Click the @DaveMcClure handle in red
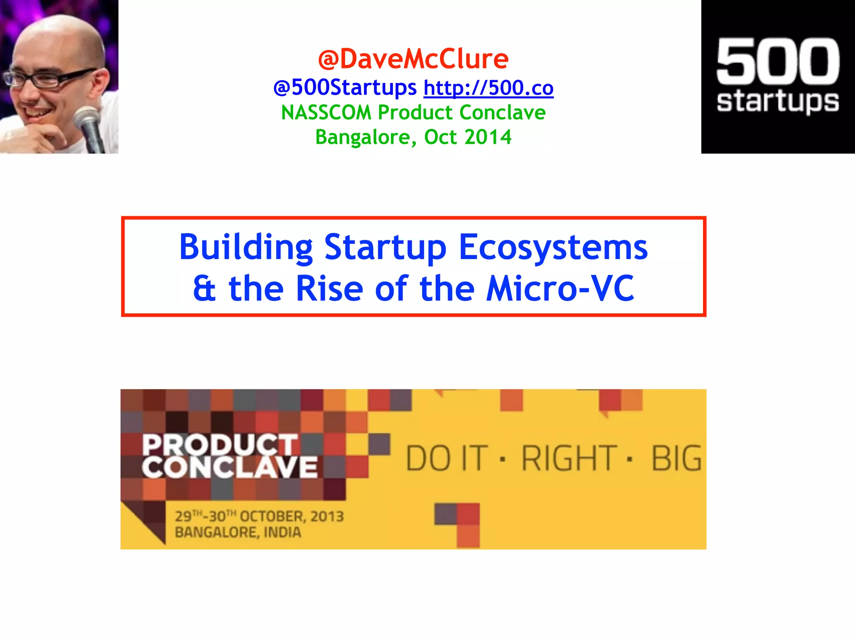tap(413, 59)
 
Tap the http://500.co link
tap(488, 88)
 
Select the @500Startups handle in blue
tap(345, 88)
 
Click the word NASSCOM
tap(326, 113)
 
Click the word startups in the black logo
tap(778, 101)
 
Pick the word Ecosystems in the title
tap(553, 247)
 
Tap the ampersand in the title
tap(205, 289)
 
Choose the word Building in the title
tap(246, 247)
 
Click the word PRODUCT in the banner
tap(220, 445)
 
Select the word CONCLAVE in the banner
tap(229, 467)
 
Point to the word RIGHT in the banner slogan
tap(569, 459)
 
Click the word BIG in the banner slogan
tap(676, 459)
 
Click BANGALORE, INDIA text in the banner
tap(238, 532)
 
